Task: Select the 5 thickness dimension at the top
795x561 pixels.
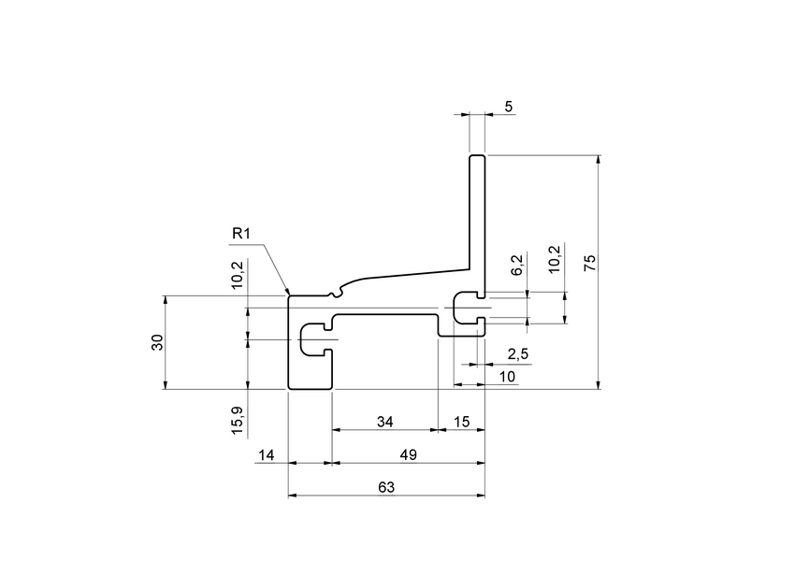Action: [x=508, y=107]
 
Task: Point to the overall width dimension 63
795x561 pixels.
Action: [x=385, y=487]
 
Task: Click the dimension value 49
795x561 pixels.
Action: [x=408, y=454]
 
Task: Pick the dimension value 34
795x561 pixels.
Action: [x=385, y=422]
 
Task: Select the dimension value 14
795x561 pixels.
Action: [x=267, y=454]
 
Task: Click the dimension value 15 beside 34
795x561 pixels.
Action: [x=462, y=422]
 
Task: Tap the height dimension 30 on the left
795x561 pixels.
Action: [x=157, y=342]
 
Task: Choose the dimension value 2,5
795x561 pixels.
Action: [x=517, y=354]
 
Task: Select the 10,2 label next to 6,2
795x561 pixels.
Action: [x=555, y=259]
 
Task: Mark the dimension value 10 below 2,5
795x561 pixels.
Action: [x=507, y=376]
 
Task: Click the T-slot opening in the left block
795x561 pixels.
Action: [x=314, y=339]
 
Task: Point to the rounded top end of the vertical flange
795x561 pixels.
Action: [x=477, y=157]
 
